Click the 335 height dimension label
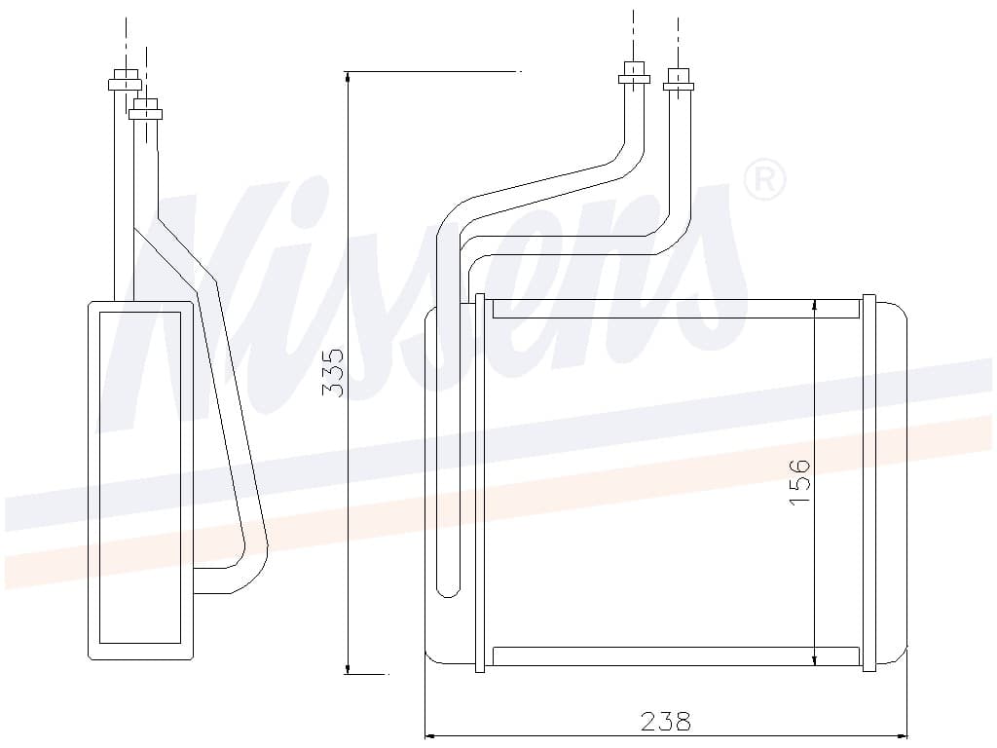(334, 372)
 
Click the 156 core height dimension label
(799, 480)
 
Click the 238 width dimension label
(666, 722)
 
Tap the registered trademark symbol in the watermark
(764, 180)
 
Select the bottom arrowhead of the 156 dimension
(815, 658)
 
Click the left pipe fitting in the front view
(634, 75)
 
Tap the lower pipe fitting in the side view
(146, 108)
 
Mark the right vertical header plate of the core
(869, 483)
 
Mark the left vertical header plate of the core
(479, 483)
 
